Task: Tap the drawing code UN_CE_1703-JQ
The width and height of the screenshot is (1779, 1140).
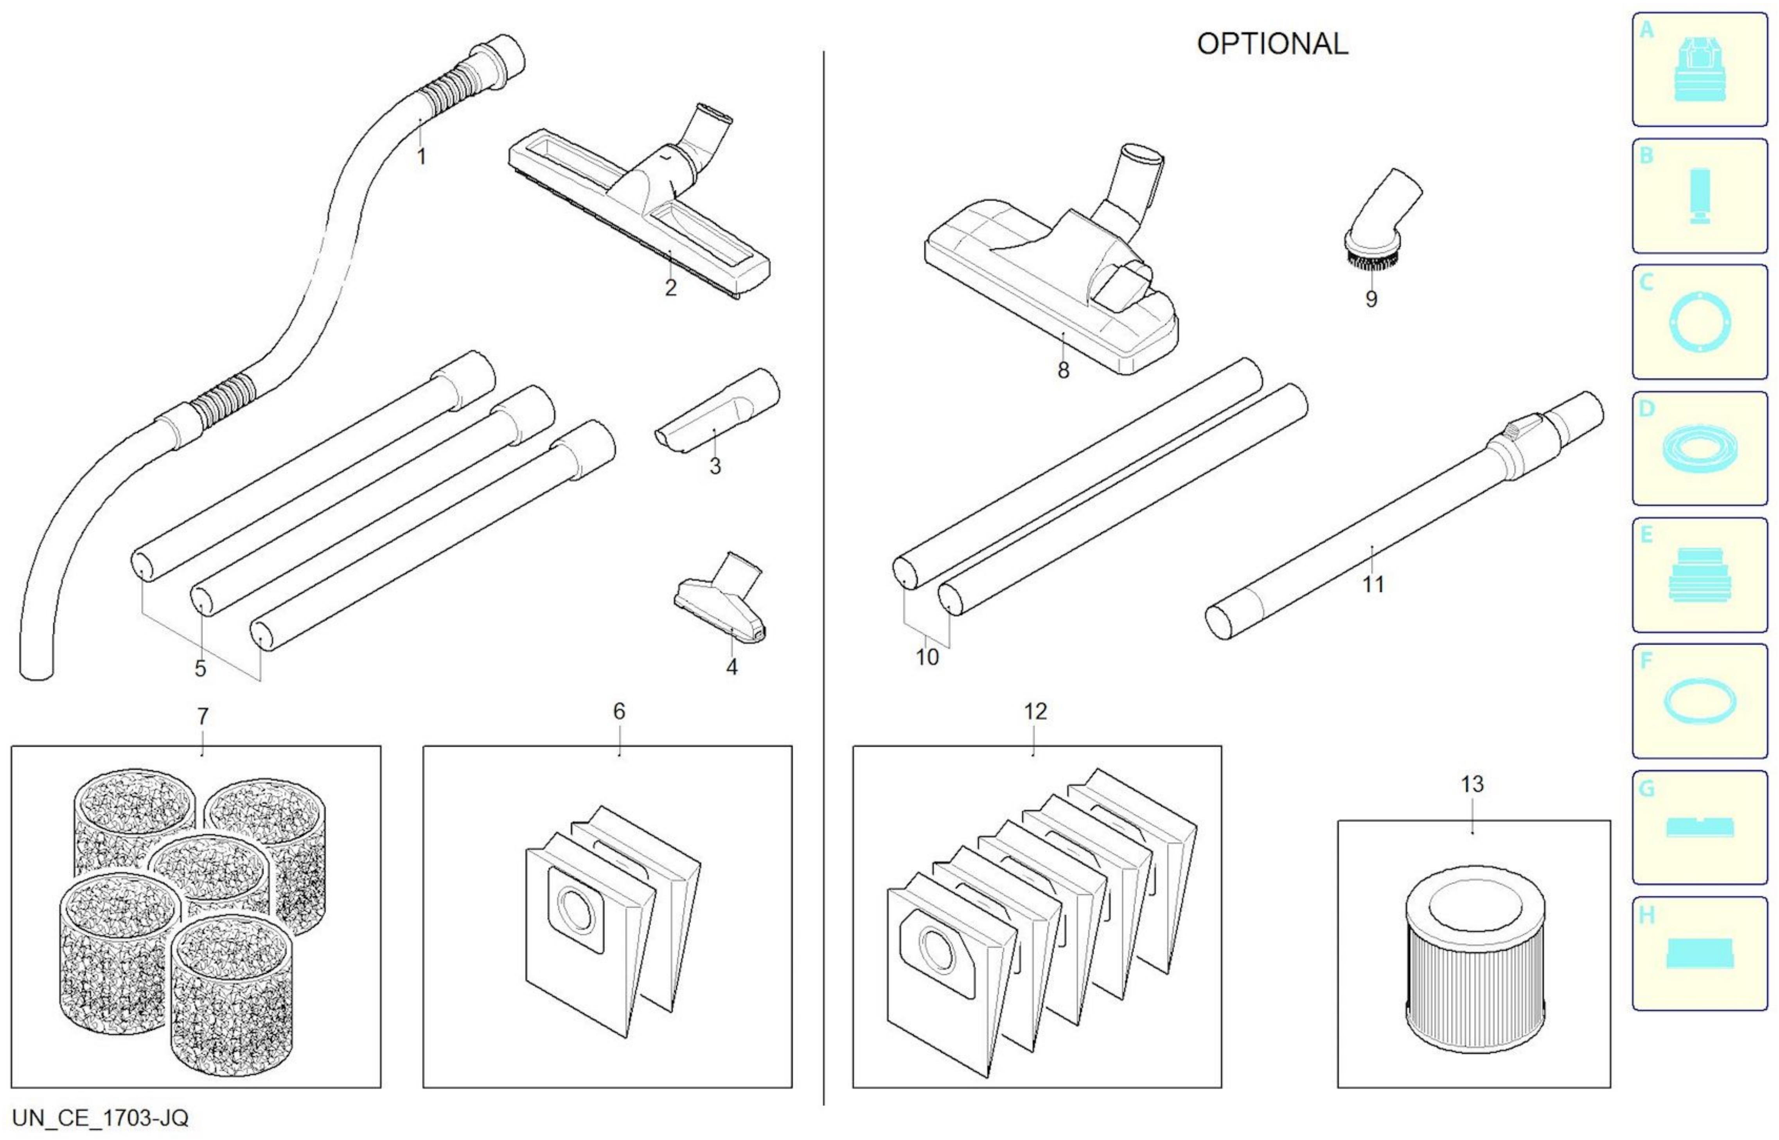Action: (100, 1117)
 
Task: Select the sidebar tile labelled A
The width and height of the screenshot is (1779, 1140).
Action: (1699, 70)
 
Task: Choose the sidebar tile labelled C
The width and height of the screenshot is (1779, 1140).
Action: (1699, 322)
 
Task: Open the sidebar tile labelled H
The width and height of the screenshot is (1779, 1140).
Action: (1699, 953)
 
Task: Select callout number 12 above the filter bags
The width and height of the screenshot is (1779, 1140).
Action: (1035, 711)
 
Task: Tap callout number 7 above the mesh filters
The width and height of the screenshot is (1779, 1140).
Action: (202, 717)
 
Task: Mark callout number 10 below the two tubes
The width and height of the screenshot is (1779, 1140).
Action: (927, 656)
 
